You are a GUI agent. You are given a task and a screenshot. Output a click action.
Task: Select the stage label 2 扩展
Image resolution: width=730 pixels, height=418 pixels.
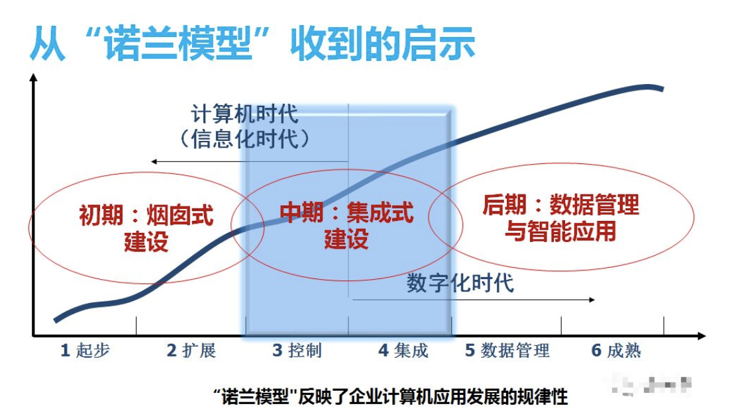pyautogui.click(x=191, y=351)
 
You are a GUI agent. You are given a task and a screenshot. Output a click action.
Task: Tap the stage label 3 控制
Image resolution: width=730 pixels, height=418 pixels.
pyautogui.click(x=297, y=351)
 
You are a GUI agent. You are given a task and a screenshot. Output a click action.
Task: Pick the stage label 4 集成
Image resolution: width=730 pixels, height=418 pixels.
pyautogui.click(x=403, y=351)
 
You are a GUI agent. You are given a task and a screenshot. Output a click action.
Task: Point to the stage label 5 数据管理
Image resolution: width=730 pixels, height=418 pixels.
pyautogui.click(x=507, y=351)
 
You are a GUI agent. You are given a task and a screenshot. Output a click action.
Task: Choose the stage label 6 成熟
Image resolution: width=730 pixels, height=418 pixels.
pyautogui.click(x=616, y=351)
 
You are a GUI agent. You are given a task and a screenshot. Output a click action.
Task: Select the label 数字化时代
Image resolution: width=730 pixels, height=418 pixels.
pyautogui.click(x=460, y=283)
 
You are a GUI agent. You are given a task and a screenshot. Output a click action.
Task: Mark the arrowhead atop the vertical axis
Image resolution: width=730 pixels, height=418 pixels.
pyautogui.click(x=33, y=79)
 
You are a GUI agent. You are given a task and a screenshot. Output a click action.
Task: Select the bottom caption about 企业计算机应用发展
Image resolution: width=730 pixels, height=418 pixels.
pyautogui.click(x=391, y=397)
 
